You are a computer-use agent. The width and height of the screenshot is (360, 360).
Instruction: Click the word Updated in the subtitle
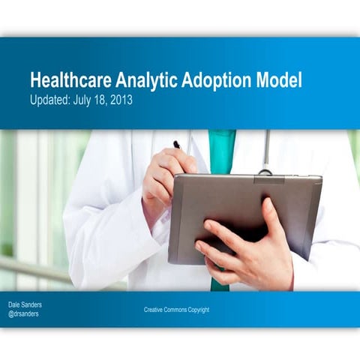coord(49,100)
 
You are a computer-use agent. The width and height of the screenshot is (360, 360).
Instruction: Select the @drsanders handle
coord(25,314)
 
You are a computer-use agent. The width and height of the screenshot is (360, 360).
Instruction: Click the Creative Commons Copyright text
coord(176,310)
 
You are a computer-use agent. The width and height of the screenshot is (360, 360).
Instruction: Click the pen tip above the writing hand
coord(176,144)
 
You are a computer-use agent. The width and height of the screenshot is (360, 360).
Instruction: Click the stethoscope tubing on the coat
coord(265,150)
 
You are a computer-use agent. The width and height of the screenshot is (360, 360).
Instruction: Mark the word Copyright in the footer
coord(197,310)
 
